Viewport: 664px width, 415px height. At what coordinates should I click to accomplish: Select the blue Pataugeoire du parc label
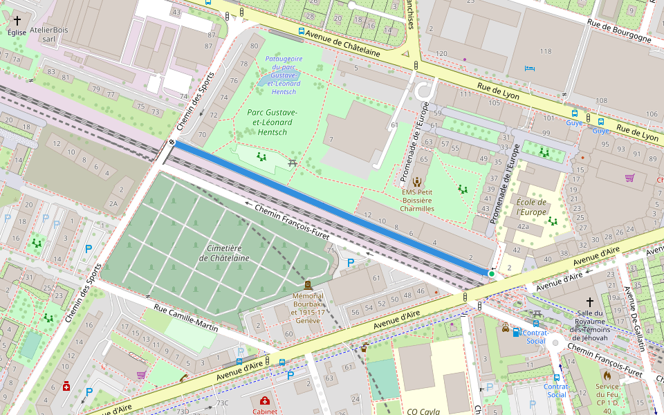tap(284, 75)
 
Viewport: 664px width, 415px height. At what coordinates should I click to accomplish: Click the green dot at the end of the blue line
tap(492, 275)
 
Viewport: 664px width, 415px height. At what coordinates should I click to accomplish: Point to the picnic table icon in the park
tap(293, 161)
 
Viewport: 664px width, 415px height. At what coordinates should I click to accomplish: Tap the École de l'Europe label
tap(531, 207)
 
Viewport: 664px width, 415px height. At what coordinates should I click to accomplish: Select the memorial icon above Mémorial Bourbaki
tap(308, 285)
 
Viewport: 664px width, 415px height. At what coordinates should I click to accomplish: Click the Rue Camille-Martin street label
tap(186, 319)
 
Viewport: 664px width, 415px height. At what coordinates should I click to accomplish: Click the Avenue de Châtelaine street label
tap(344, 42)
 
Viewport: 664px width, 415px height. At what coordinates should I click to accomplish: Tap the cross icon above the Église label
tap(17, 21)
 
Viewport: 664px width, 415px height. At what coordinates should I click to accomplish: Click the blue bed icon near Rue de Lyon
tap(530, 68)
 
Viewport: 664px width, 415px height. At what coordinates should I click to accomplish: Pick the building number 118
tap(546, 52)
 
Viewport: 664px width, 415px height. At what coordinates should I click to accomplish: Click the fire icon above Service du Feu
tap(607, 376)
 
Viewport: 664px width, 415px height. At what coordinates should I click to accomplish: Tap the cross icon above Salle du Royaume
tap(590, 302)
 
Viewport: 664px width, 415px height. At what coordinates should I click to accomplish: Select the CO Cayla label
tap(423, 411)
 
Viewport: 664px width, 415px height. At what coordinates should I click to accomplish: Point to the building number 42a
tap(523, 227)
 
